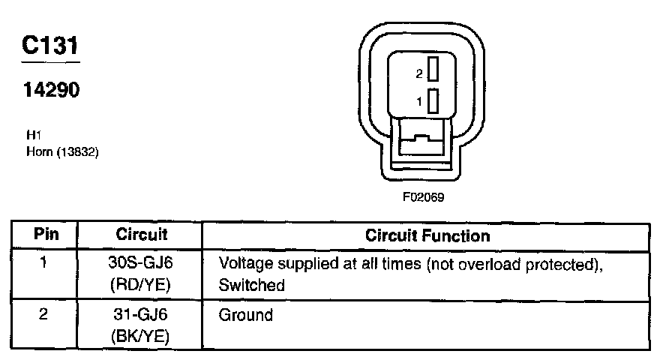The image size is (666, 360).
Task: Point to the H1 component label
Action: pyautogui.click(x=32, y=136)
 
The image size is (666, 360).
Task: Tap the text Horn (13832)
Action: pyautogui.click(x=62, y=151)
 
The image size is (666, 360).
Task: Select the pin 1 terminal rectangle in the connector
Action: pyautogui.click(x=433, y=100)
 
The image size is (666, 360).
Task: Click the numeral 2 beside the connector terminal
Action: pyautogui.click(x=419, y=73)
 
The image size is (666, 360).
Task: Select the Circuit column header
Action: pyautogui.click(x=141, y=235)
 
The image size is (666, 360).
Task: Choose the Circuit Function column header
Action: pyautogui.click(x=427, y=235)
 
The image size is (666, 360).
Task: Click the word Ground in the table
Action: pyautogui.click(x=245, y=315)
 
